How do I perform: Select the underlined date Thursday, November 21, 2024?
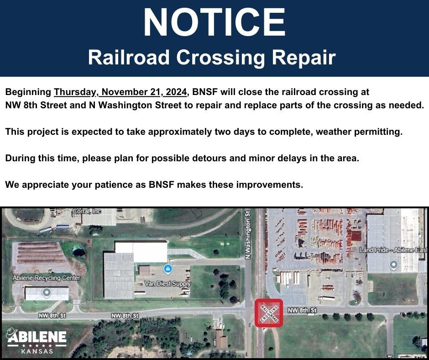tap(120, 92)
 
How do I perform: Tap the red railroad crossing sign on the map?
tap(269, 313)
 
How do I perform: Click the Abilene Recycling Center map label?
tap(47, 278)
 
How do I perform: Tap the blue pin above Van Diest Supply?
tap(167, 269)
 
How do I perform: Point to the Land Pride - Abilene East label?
tap(393, 250)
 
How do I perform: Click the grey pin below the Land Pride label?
tap(393, 264)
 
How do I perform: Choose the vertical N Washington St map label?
tap(248, 234)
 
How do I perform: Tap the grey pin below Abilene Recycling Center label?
tap(46, 292)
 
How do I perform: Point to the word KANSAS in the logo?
tap(37, 351)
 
